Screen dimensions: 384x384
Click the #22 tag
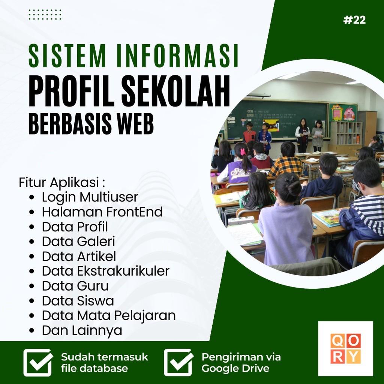[x=354, y=20]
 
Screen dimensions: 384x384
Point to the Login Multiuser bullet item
[x=90, y=197]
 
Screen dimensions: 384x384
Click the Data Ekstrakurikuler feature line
[x=105, y=271]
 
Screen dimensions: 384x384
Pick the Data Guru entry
[x=75, y=286]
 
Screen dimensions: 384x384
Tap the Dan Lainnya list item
[x=82, y=330]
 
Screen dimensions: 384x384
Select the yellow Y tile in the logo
[x=353, y=356]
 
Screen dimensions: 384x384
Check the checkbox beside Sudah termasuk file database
[x=37, y=362]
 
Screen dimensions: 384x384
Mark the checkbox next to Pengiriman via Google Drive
[x=178, y=362]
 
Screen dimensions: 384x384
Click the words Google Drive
[x=235, y=368]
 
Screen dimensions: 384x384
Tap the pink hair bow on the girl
[x=242, y=151]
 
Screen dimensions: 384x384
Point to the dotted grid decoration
[x=45, y=15]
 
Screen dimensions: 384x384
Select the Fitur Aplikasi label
[x=61, y=183]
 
